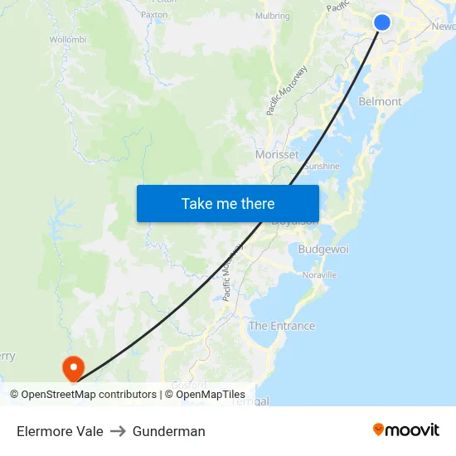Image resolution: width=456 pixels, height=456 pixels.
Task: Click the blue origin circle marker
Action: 382,22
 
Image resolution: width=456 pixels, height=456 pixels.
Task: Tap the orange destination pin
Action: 73,366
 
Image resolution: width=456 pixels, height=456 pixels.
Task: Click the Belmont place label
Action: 380,101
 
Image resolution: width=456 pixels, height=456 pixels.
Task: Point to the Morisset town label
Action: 277,154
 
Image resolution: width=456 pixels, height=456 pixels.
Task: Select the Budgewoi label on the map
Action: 323,249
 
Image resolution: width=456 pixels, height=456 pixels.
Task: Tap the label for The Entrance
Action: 282,326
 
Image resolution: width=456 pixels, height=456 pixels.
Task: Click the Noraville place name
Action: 320,274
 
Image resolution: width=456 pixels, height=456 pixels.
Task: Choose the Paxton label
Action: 154,15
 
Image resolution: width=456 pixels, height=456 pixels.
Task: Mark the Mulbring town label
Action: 273,16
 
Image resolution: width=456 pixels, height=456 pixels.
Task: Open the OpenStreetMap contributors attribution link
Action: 84,395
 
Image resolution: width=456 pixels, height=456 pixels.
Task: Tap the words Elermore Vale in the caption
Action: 60,431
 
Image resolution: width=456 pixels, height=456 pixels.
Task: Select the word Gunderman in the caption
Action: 169,431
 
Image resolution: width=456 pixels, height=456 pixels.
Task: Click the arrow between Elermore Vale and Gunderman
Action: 118,431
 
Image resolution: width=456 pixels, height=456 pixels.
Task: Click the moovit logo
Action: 406,429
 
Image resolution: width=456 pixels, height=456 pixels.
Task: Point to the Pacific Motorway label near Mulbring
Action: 287,90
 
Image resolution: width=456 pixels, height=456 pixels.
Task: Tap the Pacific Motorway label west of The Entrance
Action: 231,271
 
